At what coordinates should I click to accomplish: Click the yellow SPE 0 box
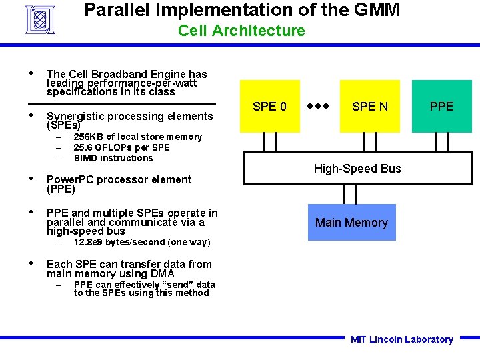coord(270,106)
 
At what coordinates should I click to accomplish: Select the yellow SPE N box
coord(369,106)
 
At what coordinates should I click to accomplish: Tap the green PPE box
coord(441,106)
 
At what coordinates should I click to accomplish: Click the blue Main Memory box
coord(351,223)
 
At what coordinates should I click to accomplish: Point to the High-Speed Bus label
coord(357,169)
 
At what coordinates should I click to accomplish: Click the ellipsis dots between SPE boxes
coord(319,106)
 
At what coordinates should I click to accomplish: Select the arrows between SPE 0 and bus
coord(270,142)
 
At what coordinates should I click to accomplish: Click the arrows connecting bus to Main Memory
coord(349,194)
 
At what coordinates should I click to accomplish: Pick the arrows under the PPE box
coord(441,142)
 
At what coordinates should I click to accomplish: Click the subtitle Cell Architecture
coord(241,31)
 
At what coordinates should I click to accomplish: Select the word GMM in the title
coord(375,10)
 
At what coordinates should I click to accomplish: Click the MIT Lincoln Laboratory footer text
coord(401,339)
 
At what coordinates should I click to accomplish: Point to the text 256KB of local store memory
coord(137,137)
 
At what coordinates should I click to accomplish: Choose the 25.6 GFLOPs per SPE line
coord(121,147)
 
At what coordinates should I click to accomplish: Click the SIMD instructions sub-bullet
coord(113,158)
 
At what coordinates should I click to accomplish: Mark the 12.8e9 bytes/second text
coord(141,242)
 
